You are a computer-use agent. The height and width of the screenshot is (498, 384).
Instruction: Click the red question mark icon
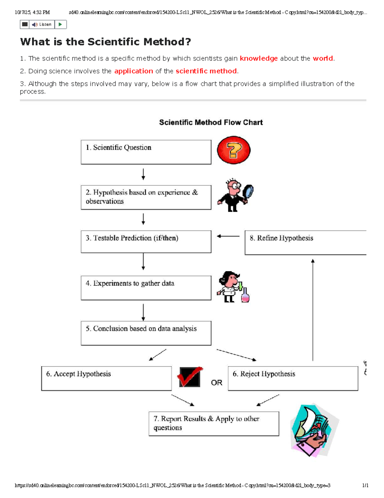tap(234, 150)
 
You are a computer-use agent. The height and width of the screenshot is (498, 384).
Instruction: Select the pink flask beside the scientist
tap(245, 295)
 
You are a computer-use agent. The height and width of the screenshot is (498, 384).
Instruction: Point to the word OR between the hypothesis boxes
tap(217, 383)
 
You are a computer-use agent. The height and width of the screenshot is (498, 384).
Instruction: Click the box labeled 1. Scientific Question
tap(146, 152)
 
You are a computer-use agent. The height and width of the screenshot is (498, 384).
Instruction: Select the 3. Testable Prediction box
tap(146, 241)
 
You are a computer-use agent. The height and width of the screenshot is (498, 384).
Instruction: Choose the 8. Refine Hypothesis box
tap(305, 242)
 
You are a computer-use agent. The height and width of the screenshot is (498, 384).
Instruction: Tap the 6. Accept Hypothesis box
tap(106, 378)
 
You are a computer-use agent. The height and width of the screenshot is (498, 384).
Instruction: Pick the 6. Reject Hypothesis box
tap(293, 378)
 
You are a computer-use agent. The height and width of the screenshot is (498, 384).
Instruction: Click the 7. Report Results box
tap(214, 424)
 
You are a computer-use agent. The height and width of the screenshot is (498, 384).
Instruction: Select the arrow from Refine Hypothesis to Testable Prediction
tap(228, 236)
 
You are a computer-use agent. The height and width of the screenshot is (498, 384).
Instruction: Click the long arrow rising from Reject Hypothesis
tap(313, 309)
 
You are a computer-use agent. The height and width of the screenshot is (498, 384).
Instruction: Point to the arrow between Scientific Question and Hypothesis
tap(143, 174)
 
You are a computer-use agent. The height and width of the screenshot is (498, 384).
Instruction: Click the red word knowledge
tap(259, 58)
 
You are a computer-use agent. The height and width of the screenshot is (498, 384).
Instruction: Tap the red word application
tap(133, 71)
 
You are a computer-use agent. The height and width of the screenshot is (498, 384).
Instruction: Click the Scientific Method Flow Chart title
tap(211, 122)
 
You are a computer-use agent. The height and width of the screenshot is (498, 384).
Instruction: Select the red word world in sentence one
tap(323, 58)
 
